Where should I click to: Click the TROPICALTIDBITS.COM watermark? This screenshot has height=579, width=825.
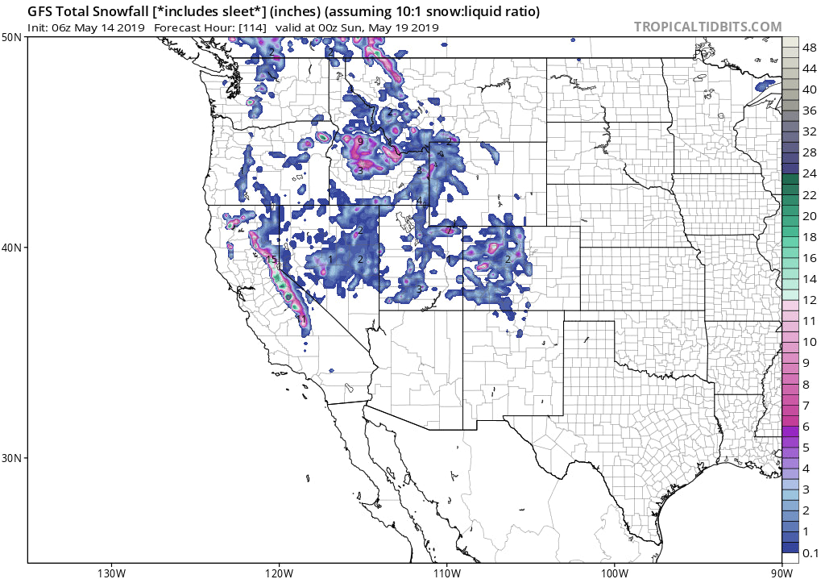pos(707,27)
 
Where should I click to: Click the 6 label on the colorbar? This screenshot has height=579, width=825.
pos(806,426)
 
